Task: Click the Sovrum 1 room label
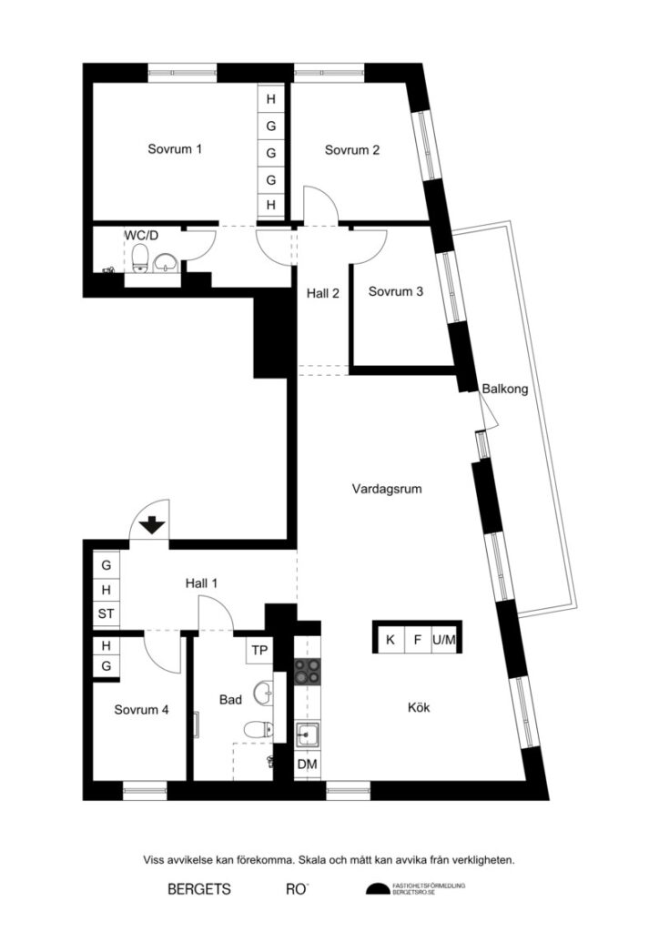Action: pyautogui.click(x=175, y=149)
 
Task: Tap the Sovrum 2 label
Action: pyautogui.click(x=352, y=150)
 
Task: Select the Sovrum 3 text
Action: pyautogui.click(x=395, y=292)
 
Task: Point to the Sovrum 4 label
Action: pyautogui.click(x=141, y=710)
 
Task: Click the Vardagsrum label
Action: pyautogui.click(x=387, y=489)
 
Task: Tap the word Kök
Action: pyautogui.click(x=418, y=706)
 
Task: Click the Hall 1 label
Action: pyautogui.click(x=202, y=582)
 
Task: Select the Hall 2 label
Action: pyautogui.click(x=323, y=293)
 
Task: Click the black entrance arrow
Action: pyautogui.click(x=152, y=524)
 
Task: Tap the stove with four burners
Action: pyautogui.click(x=308, y=671)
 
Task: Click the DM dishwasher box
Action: pyautogui.click(x=308, y=765)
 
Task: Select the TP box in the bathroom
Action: pyautogui.click(x=259, y=651)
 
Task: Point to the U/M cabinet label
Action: pyautogui.click(x=444, y=640)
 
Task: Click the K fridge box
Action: pyautogui.click(x=390, y=640)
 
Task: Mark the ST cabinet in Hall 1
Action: pyautogui.click(x=106, y=614)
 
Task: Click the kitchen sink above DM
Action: pyautogui.click(x=307, y=733)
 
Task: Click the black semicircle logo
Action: pyautogui.click(x=376, y=889)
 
